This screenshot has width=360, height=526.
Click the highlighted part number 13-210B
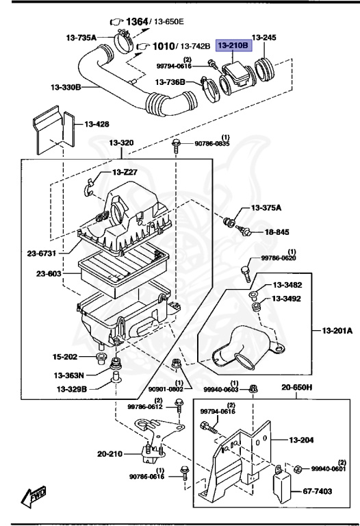click(234, 46)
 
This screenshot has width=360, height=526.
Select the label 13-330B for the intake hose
click(68, 88)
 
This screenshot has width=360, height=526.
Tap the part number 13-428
click(98, 124)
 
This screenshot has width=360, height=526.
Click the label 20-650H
click(297, 388)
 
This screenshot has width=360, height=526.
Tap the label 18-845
click(277, 232)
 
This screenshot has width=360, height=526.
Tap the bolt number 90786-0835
click(212, 144)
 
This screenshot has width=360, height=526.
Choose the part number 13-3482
click(288, 285)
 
